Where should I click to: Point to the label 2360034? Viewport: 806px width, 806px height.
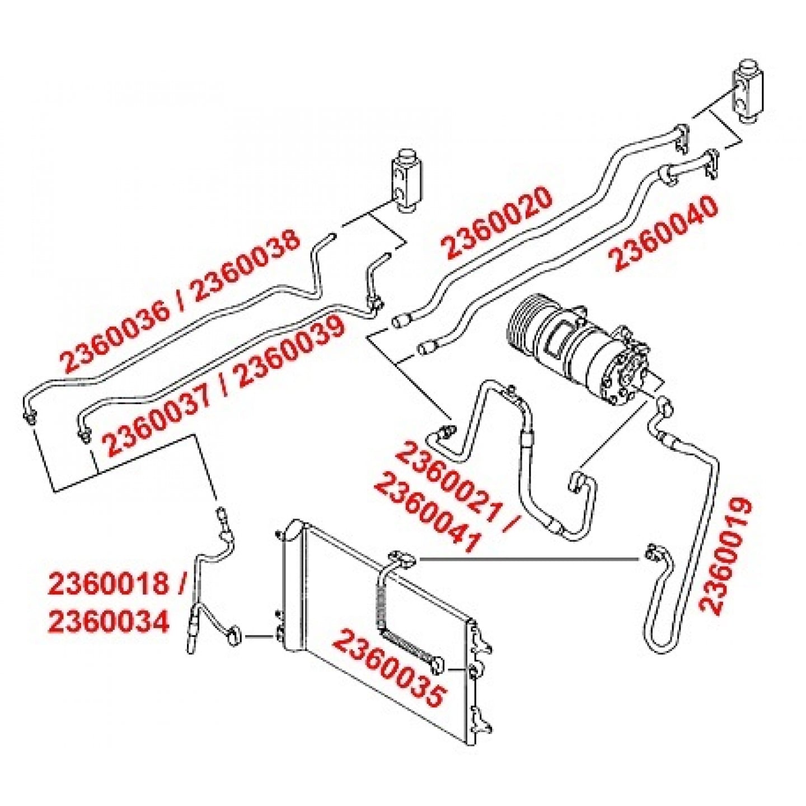pos(109,622)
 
